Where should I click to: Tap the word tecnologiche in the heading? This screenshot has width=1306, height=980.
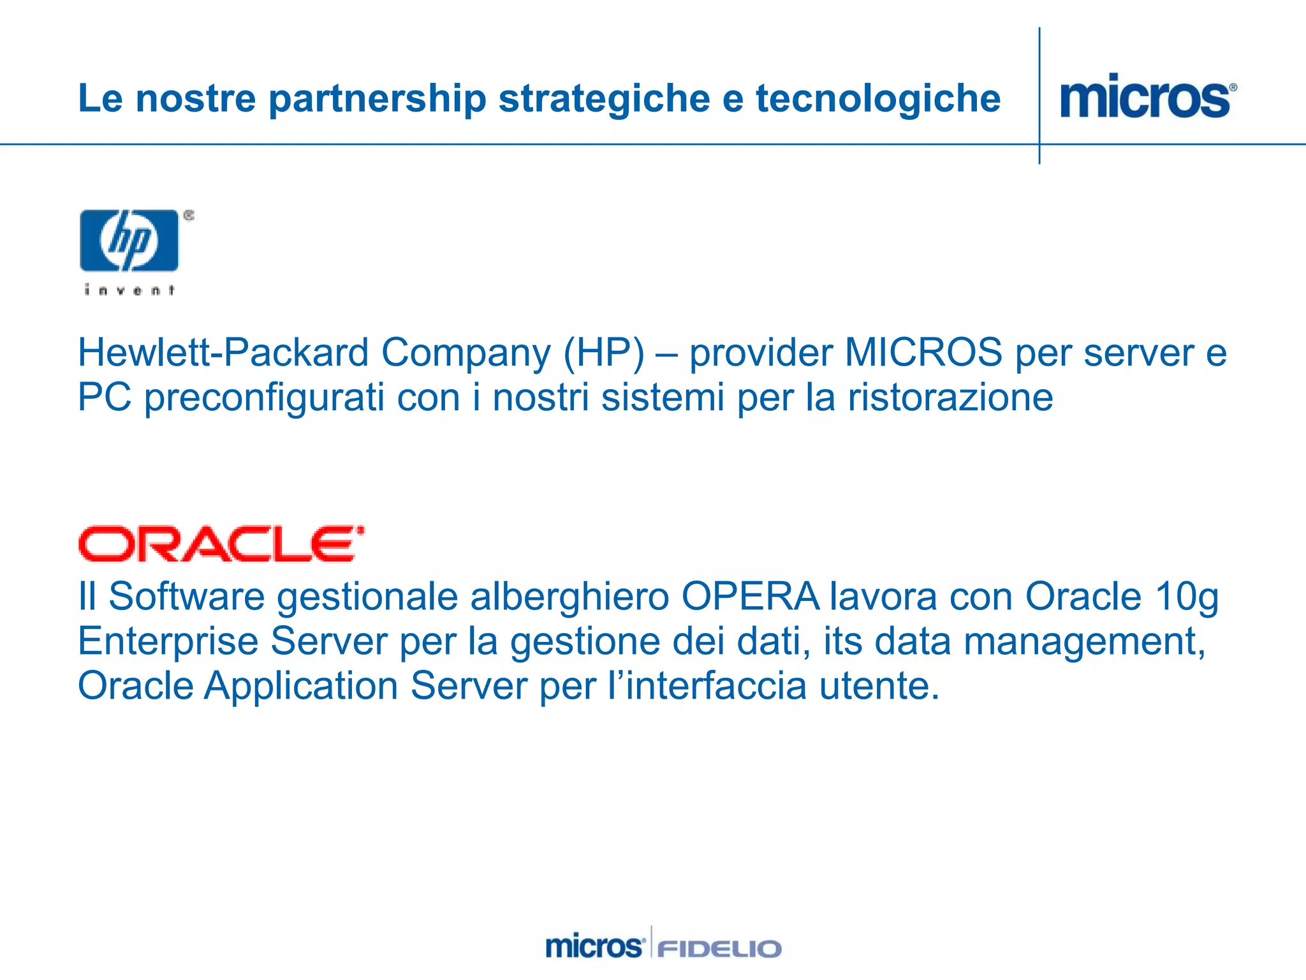[878, 99]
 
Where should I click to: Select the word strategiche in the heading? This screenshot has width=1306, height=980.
[603, 99]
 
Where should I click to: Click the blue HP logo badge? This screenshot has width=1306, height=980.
[129, 241]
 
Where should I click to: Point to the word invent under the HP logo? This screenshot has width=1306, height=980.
[129, 290]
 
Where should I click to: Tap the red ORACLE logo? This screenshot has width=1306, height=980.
[221, 544]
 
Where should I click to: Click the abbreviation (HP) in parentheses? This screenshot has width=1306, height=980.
[603, 352]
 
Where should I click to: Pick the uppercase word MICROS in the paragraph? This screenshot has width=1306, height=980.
[923, 352]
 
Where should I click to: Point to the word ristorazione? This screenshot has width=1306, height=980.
[950, 397]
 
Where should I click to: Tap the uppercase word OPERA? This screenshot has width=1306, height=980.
[750, 597]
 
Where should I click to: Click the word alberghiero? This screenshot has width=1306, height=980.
[569, 597]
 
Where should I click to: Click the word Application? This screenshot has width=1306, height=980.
[301, 687]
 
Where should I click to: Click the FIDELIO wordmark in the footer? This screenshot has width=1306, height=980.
[719, 949]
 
